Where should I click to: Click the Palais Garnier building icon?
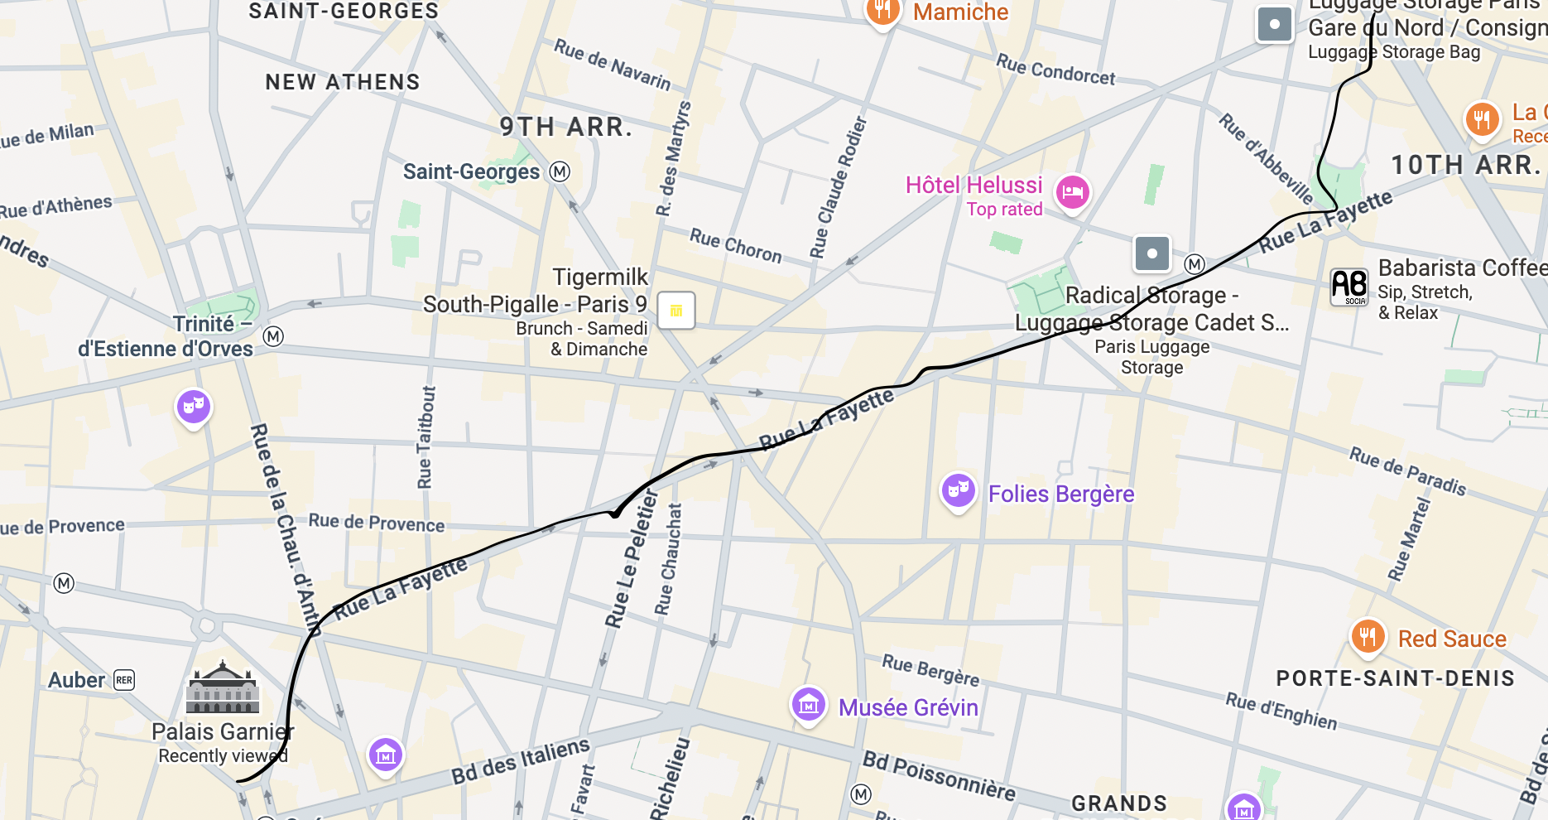(223, 689)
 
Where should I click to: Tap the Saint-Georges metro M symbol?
(560, 171)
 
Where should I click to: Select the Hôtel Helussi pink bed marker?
(1072, 192)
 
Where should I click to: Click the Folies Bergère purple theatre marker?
(958, 490)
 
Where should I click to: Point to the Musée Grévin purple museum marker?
(809, 705)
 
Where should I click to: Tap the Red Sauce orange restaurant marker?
(1368, 637)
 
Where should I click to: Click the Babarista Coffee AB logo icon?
(1348, 287)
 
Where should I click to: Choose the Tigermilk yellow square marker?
(676, 311)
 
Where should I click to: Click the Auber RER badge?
(124, 680)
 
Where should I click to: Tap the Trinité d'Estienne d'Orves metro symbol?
(273, 336)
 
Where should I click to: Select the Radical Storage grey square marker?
(1151, 253)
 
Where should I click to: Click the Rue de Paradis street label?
(1407, 470)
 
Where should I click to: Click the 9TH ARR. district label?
(566, 127)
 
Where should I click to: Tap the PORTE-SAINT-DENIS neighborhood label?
(1395, 678)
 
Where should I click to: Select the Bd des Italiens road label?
(520, 761)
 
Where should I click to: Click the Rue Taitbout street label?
(425, 437)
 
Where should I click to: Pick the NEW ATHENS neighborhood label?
(343, 82)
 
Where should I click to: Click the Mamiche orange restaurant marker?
(882, 11)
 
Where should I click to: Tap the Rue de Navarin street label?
(612, 64)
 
